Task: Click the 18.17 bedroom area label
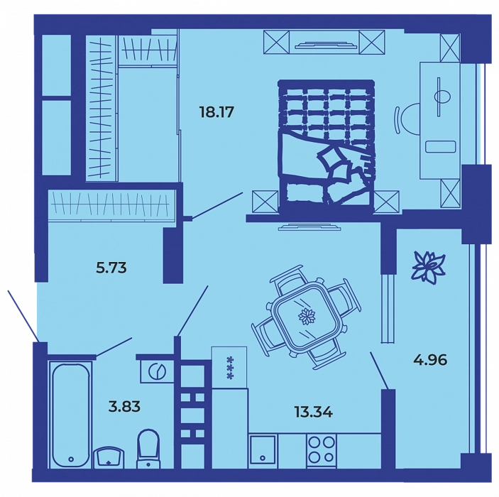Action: point(216,112)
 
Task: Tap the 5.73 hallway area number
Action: point(111,268)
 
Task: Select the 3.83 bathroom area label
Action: point(124,406)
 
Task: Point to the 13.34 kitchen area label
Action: point(313,413)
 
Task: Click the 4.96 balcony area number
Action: point(430,360)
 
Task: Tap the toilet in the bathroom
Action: point(148,449)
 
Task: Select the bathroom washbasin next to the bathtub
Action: point(109,457)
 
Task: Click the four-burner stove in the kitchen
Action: point(321,451)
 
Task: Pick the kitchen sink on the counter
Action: point(263,449)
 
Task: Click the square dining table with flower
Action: point(306,317)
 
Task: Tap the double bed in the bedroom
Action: point(326,145)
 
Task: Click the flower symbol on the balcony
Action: point(428,266)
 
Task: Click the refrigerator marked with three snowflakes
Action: point(229,367)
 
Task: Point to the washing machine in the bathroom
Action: point(157,371)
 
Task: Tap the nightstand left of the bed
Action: point(265,201)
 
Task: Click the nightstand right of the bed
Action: point(387,201)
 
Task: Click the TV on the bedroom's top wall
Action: point(324,45)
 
